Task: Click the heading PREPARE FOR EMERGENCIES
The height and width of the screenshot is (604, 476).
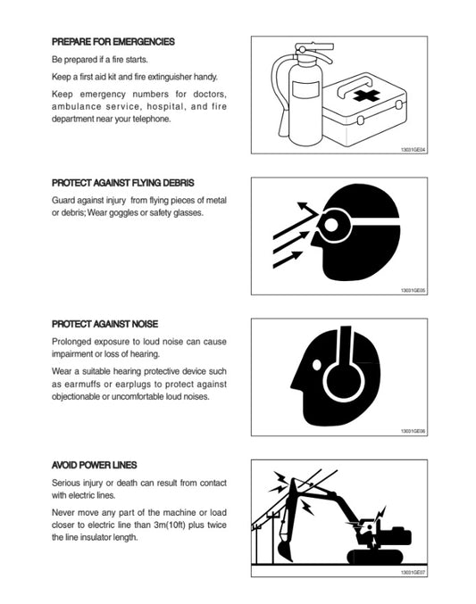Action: tap(113, 42)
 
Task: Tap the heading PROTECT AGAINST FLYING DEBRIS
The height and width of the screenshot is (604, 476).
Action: tap(122, 183)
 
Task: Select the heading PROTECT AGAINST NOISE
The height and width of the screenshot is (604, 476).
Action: tap(104, 324)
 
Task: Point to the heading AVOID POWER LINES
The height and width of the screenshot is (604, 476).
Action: tap(94, 465)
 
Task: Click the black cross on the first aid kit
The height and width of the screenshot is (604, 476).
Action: tap(366, 95)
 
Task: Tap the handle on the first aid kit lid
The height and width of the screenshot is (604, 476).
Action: tap(355, 85)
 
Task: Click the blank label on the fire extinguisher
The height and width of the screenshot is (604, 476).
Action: tap(305, 89)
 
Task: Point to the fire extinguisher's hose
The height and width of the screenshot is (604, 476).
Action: tap(279, 96)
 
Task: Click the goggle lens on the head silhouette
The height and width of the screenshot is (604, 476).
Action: tap(331, 225)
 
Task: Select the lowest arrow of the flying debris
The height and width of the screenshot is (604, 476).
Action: tap(288, 259)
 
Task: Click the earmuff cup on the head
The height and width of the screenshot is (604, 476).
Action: tap(343, 381)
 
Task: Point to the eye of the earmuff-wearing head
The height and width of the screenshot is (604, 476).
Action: tap(317, 364)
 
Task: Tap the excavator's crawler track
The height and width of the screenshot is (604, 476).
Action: tap(375, 557)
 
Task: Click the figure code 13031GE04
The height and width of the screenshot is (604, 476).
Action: tap(413, 149)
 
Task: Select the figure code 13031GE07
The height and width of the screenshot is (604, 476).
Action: tap(413, 573)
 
